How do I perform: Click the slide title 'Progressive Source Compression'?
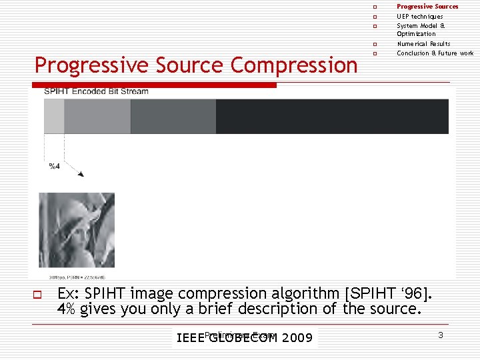(196, 65)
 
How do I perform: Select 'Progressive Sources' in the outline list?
(427, 7)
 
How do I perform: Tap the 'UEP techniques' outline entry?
(419, 16)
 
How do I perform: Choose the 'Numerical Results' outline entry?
(423, 44)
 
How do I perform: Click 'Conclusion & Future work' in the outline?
(435, 53)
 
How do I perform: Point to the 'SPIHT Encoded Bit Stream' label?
(96, 91)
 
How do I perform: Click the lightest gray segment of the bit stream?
(54, 116)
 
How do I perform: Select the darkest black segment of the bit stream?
(332, 116)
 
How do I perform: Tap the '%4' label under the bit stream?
(55, 166)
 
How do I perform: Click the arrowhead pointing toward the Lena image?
(81, 175)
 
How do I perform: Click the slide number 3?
(441, 335)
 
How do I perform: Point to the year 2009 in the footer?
(297, 338)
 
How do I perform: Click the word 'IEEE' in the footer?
(190, 338)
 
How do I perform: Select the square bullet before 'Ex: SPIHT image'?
(38, 294)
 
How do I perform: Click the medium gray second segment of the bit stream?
(97, 116)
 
